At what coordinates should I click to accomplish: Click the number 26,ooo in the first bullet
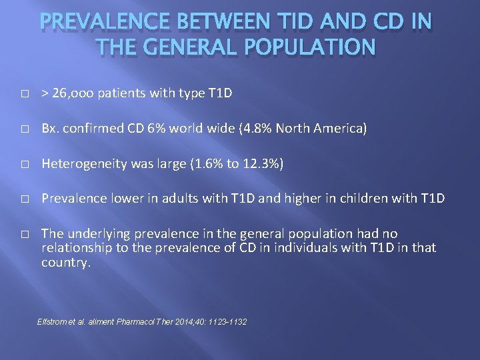coord(74,93)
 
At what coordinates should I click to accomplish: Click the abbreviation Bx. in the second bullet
coord(51,128)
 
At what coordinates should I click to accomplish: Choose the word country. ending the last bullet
coord(65,262)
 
